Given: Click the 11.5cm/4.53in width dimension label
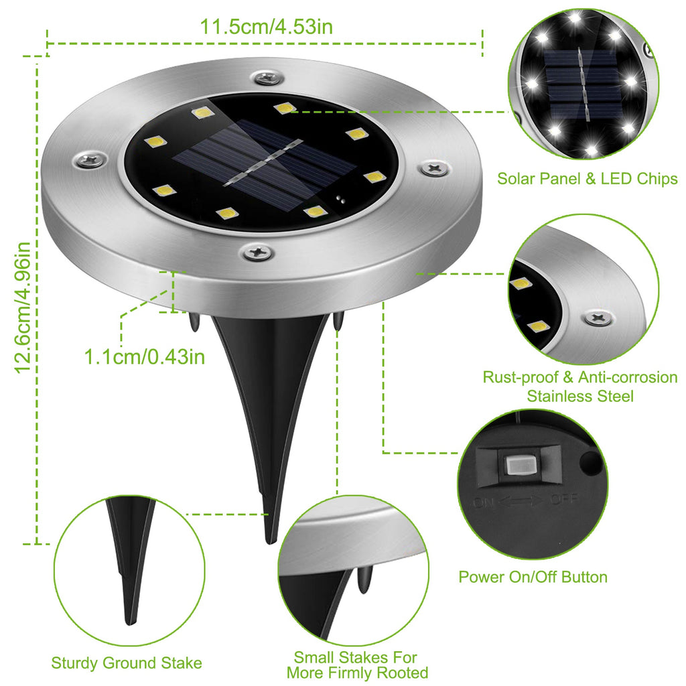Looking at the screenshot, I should click(267, 27).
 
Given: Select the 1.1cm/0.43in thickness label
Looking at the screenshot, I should click(144, 356).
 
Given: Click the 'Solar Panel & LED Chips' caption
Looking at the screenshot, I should click(587, 179).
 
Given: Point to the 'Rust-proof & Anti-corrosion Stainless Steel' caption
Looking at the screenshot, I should click(579, 387).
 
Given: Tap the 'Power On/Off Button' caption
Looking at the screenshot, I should click(533, 577).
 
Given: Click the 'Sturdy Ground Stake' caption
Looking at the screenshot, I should click(127, 663).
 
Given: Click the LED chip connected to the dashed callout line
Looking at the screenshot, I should click(282, 107).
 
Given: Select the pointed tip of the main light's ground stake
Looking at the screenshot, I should click(269, 539).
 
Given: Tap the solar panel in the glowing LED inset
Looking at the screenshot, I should click(580, 82).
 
